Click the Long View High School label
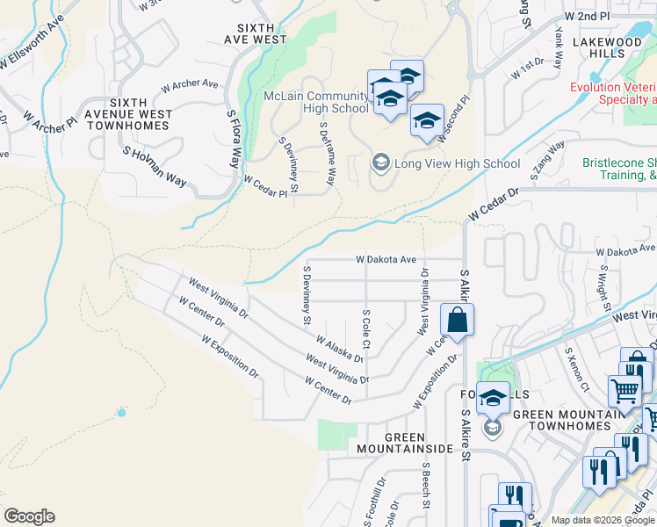coord(458,163)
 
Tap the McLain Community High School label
coord(316,102)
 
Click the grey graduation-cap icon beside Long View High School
coord(380,162)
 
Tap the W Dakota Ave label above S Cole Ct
coord(386,260)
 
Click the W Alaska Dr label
coord(339,348)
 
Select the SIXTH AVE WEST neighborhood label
coord(256,33)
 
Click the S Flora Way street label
coord(233,139)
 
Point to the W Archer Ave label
coord(189,86)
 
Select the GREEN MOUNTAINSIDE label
coord(405,443)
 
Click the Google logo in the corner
coord(29,516)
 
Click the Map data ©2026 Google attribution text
coord(602,520)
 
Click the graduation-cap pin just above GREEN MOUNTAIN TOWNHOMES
coord(493,398)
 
